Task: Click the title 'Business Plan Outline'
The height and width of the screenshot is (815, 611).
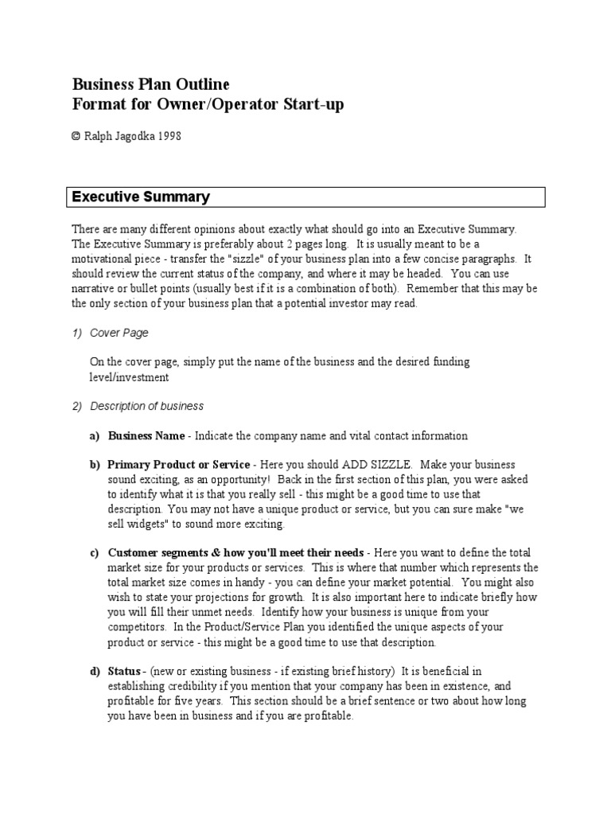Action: [x=151, y=84]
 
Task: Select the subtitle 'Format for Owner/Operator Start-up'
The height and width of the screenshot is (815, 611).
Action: [x=208, y=105]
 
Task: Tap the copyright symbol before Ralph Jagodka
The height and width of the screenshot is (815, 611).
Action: [x=76, y=136]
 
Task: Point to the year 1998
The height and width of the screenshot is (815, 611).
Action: [x=169, y=136]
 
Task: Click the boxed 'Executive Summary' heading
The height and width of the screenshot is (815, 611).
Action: [x=142, y=197]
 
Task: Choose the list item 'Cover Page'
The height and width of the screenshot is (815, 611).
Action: [x=119, y=333]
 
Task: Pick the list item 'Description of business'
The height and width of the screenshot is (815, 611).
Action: [x=146, y=406]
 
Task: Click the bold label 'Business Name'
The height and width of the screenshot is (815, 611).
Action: [x=146, y=436]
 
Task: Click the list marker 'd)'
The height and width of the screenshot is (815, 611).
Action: [x=94, y=671]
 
